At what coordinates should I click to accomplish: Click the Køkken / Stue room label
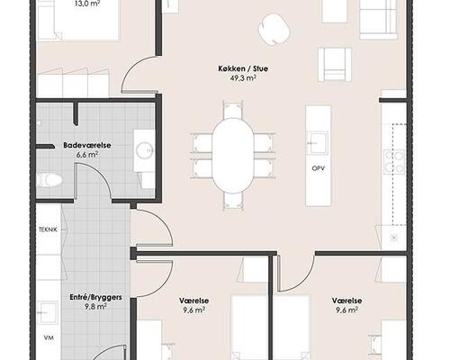[243, 68]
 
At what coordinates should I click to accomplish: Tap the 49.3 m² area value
[243, 78]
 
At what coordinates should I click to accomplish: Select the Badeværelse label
[87, 145]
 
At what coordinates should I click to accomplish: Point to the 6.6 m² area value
[87, 155]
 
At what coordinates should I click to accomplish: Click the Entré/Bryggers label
[95, 297]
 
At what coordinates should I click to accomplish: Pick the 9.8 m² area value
[95, 307]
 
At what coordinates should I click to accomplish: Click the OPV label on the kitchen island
[319, 168]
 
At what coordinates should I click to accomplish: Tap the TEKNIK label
[48, 229]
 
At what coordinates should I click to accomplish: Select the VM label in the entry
[49, 337]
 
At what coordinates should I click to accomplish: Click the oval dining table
[233, 156]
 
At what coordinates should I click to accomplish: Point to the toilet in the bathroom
[49, 180]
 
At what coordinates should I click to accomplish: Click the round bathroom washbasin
[145, 150]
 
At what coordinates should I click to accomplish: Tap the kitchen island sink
[318, 143]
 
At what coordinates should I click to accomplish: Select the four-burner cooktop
[394, 161]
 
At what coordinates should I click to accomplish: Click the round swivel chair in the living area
[274, 30]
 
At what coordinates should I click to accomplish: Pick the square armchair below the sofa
[335, 65]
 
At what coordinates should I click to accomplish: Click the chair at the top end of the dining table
[233, 111]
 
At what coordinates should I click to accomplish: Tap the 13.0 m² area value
[87, 4]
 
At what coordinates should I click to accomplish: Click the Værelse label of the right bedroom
[346, 301]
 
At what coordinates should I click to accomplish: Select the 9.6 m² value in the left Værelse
[194, 310]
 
